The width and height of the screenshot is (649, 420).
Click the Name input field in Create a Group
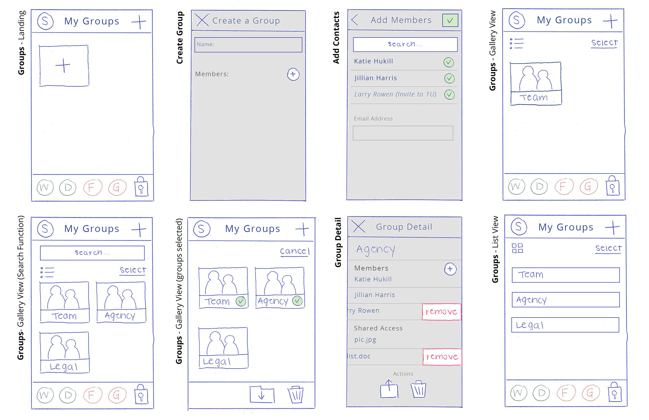[248, 45]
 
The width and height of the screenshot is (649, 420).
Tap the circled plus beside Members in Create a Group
[293, 74]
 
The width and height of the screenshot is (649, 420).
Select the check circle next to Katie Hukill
[449, 62]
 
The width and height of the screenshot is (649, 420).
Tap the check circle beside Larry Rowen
[449, 95]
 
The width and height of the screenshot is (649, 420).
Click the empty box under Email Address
[403, 133]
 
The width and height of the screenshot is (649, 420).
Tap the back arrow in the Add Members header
[355, 20]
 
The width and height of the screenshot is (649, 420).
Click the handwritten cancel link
[294, 251]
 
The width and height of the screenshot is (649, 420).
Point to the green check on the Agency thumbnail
[297, 301]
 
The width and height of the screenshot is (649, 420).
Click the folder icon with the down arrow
[262, 395]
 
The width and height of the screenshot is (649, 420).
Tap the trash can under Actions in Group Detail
[418, 390]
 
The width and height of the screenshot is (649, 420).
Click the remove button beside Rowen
[441, 311]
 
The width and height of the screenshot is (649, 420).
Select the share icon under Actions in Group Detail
[389, 389]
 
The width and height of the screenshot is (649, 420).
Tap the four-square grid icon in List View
[517, 248]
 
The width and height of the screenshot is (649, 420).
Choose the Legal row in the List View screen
[565, 325]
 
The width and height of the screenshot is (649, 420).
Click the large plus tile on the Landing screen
[64, 65]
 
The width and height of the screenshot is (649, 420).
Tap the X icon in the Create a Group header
[202, 20]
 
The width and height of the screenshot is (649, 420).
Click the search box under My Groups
[92, 253]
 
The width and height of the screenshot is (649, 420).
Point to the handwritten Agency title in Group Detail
[376, 250]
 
